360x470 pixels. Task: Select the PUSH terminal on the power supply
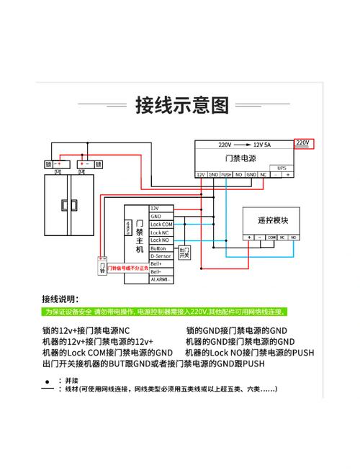226,174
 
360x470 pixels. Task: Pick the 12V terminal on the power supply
202,174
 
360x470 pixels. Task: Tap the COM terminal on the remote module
271,236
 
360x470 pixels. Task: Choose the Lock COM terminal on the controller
161,224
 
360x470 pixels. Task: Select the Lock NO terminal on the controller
160,240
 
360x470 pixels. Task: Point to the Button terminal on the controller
158,248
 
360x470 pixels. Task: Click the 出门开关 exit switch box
184,252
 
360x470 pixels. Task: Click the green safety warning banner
164,312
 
